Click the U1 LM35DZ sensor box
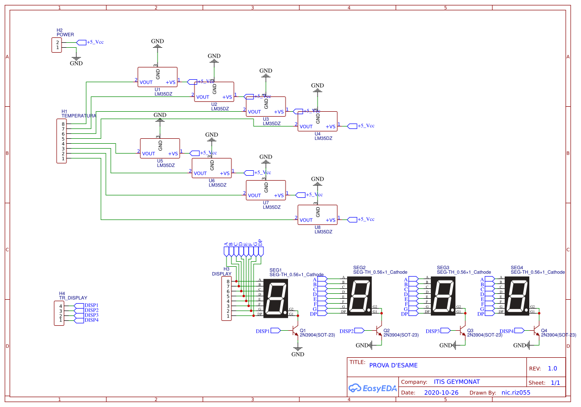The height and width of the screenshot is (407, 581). [x=157, y=77]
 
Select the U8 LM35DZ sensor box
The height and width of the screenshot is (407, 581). [x=317, y=215]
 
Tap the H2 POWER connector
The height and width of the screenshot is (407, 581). [x=57, y=45]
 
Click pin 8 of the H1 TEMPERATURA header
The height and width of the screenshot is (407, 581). [x=63, y=124]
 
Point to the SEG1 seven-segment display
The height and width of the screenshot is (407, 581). [x=276, y=298]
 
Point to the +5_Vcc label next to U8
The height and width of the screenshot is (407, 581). [x=365, y=219]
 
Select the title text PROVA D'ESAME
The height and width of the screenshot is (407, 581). [x=393, y=365]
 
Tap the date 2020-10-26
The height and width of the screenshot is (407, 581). [x=441, y=393]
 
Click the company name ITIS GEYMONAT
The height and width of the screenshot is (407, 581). [x=456, y=382]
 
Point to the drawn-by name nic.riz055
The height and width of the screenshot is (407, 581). [x=516, y=393]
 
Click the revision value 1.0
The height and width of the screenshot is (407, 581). [x=552, y=368]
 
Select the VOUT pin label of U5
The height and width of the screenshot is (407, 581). [x=148, y=154]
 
